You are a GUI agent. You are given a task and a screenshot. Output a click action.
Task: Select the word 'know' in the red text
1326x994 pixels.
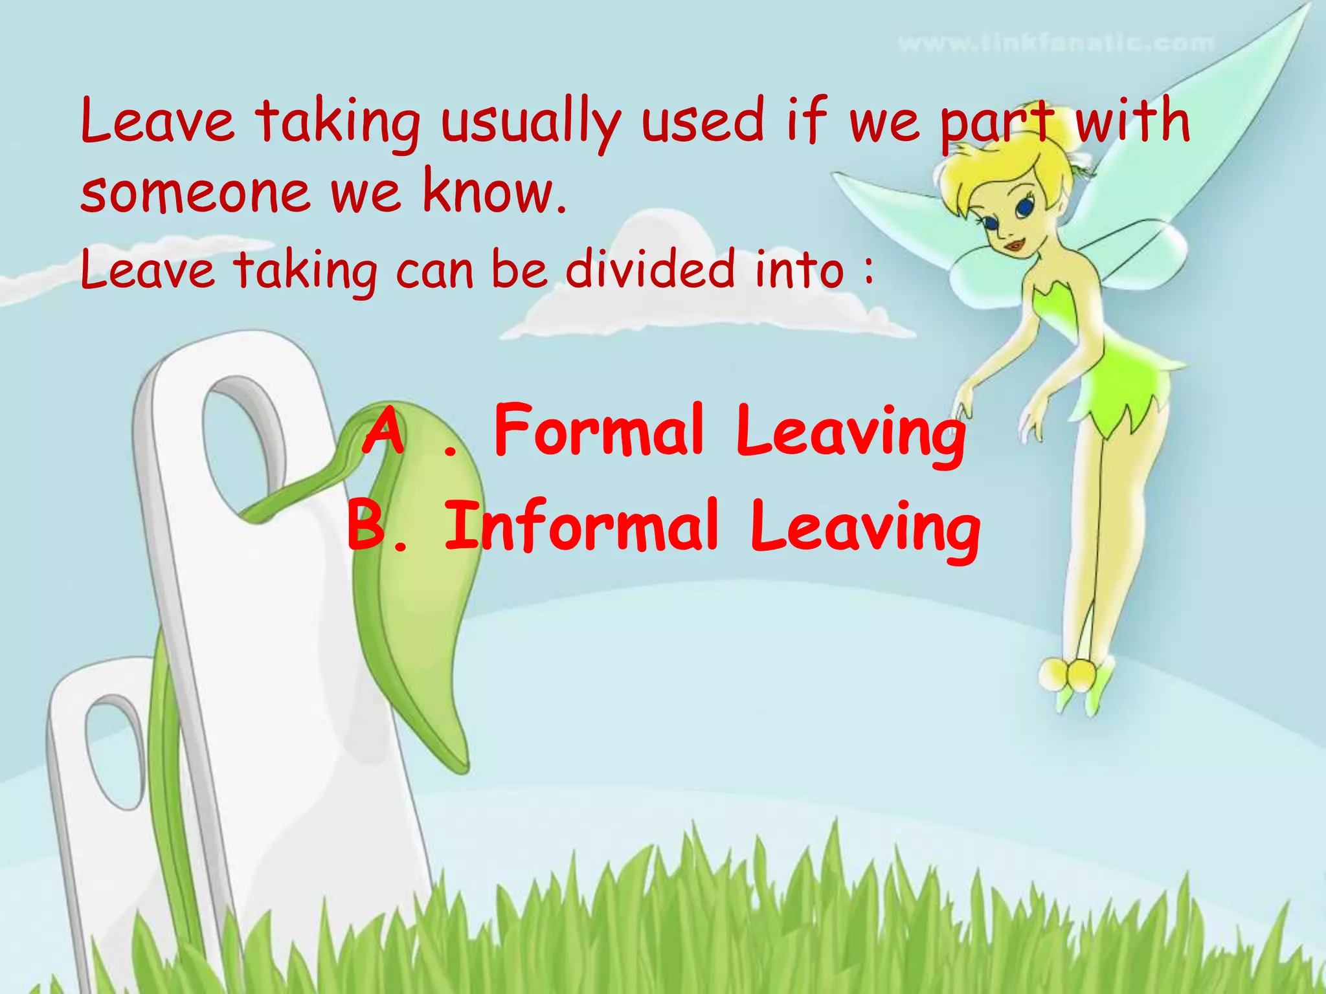[x=488, y=192]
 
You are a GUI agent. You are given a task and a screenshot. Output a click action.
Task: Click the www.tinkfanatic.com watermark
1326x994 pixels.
[x=1055, y=44]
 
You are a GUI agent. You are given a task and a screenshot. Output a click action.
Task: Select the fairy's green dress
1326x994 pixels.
[x=1114, y=369]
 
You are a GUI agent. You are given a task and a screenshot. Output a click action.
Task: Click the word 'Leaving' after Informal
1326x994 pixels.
[x=865, y=527]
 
